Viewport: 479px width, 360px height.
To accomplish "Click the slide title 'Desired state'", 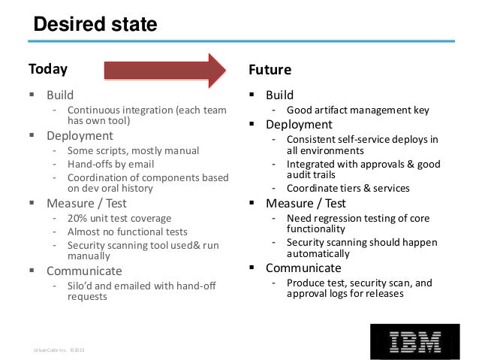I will click(95, 25).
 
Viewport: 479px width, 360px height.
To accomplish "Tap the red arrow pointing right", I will click(164, 70).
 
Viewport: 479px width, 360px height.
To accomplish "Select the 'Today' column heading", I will click(48, 69).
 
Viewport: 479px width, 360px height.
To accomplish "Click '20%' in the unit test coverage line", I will click(78, 218).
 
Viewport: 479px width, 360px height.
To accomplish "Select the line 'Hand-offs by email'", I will click(110, 164).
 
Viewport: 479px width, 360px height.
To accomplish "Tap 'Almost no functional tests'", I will click(127, 231).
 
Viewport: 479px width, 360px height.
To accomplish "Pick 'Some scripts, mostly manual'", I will click(133, 150).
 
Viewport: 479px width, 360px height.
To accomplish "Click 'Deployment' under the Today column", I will click(80, 136).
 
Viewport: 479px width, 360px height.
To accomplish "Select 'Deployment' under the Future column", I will click(298, 124).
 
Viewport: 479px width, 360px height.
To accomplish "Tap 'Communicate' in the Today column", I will click(84, 271).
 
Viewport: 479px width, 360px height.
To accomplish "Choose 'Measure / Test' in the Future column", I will click(305, 203).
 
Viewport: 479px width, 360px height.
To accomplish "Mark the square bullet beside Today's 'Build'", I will click(33, 95).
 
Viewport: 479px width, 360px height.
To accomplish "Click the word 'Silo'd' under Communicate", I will click(83, 285).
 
